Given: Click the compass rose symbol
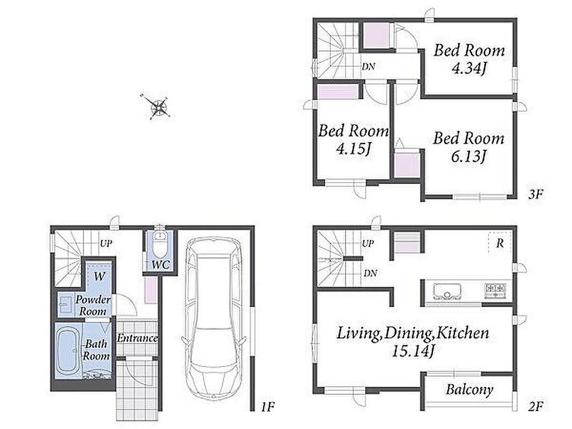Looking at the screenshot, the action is (159, 106).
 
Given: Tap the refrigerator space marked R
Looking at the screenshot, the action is (500, 243).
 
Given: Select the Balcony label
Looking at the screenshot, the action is (469, 390).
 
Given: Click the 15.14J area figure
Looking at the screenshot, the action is (413, 351).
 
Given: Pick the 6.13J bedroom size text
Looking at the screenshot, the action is (468, 157).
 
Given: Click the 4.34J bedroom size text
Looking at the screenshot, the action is (470, 68).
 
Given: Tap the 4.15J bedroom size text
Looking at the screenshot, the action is (353, 149).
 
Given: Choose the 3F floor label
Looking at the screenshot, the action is (536, 194).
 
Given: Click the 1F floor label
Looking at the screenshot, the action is (267, 406).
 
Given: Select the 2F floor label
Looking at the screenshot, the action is (536, 405).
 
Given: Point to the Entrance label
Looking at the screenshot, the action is (137, 338).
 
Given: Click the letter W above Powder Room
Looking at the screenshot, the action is (99, 276).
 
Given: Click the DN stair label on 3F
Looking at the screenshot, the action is (369, 66).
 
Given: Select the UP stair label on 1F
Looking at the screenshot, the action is (106, 243).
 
